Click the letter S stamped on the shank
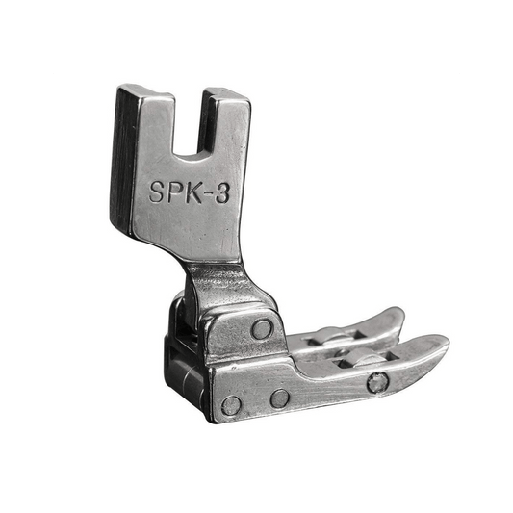tap(156, 192)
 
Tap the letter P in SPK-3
tap(173, 192)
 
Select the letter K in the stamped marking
tap(192, 192)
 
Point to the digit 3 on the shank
tap(222, 193)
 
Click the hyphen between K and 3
tap(208, 193)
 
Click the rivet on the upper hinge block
tap(262, 329)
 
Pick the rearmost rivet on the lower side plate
tap(231, 406)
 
